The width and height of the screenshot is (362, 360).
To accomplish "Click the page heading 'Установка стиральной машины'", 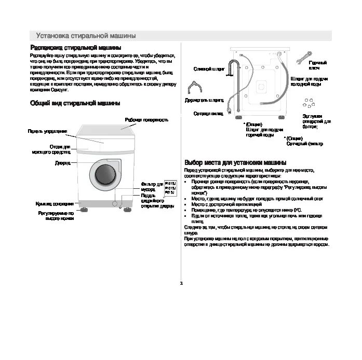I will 86,36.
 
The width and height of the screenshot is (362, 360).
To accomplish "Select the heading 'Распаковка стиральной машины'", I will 75,48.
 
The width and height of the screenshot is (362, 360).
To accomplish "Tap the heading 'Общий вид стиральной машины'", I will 71,103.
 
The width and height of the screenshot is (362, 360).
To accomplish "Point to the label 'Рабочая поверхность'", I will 146,119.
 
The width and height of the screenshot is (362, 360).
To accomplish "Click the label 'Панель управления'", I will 47,131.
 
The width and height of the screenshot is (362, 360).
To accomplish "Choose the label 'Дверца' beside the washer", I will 63,162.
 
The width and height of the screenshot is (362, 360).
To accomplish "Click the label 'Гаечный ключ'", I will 317,65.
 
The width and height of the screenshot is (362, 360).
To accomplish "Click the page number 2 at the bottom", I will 181,283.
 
